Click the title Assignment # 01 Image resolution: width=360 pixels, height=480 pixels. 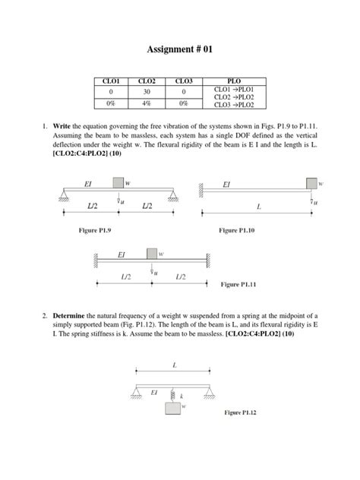180,50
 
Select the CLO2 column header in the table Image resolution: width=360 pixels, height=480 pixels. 147,79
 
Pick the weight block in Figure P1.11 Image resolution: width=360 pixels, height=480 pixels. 152,252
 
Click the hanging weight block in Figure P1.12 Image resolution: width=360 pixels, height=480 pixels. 173,408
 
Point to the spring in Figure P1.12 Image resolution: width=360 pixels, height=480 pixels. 173,395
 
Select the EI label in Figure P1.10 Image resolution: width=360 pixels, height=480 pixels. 226,184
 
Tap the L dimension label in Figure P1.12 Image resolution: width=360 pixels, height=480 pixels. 174,365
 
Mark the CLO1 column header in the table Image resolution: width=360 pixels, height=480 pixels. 110,79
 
